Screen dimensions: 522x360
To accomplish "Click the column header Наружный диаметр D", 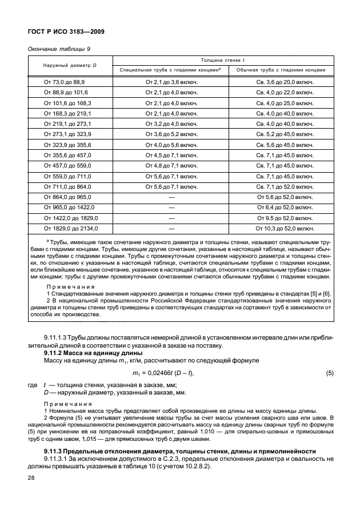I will click(x=70, y=65).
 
